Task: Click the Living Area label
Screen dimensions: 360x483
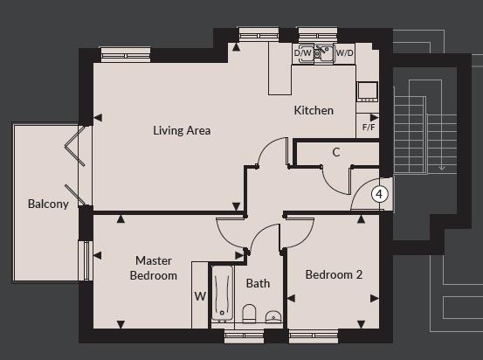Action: (182, 131)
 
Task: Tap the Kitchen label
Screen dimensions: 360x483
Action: (313, 111)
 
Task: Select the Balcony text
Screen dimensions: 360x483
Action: (47, 204)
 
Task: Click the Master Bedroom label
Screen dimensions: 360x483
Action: (154, 267)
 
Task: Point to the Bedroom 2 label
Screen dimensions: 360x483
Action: (333, 274)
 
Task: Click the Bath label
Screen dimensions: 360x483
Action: (258, 283)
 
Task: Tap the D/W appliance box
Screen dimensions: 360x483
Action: (303, 53)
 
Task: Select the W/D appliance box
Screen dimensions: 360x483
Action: (345, 53)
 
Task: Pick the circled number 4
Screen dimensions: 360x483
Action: (379, 194)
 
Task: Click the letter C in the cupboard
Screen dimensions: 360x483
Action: (335, 153)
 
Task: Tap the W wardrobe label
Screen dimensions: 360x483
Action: (200, 295)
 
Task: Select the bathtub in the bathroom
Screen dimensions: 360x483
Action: (221, 294)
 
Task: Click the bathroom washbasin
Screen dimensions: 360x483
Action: (273, 316)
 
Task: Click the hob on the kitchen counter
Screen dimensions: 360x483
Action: (367, 89)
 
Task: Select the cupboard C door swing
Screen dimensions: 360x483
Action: (336, 179)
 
